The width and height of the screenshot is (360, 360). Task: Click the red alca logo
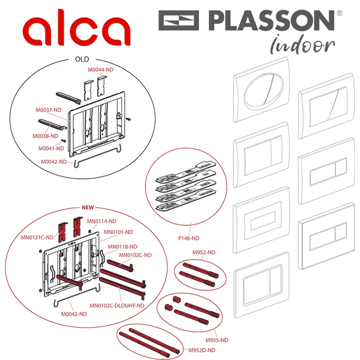77,28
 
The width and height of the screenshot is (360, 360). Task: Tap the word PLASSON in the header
272,20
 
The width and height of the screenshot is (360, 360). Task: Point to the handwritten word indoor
302,45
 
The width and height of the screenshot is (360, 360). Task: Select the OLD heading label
82,59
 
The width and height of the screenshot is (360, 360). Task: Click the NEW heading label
88,208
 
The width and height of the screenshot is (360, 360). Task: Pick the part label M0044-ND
100,70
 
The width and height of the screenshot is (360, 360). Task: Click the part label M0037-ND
48,110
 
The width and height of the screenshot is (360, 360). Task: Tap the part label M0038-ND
45,136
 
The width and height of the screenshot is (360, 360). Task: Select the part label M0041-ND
51,148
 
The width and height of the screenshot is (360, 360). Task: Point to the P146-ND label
189,238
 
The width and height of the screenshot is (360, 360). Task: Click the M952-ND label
203,252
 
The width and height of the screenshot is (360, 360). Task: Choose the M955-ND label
217,340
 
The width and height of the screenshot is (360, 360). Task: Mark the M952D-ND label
202,350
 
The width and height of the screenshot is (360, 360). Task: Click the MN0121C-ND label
37,237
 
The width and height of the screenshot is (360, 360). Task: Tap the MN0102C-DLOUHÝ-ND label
117,305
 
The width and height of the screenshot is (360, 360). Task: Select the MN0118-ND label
122,247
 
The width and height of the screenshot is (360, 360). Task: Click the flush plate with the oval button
261,90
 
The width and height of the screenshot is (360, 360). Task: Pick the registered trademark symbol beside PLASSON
340,13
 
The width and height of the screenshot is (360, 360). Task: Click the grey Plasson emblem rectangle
179,20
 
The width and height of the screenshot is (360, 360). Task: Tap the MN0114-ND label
101,221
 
